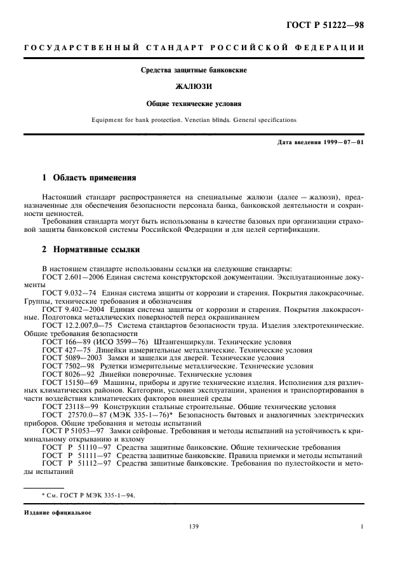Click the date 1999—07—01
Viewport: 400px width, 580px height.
coord(342,141)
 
